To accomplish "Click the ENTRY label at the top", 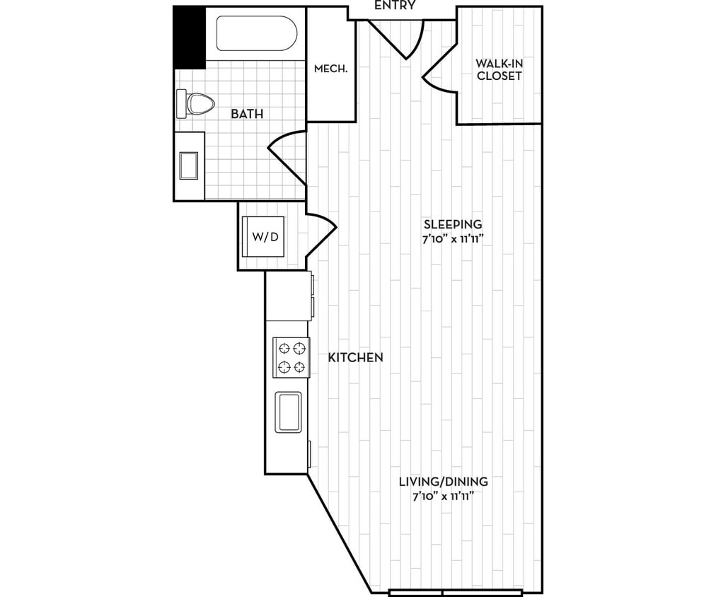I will click(394, 6).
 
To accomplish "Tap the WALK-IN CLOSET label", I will click(499, 69).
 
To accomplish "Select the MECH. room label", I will click(330, 69).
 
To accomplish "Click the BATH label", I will click(247, 113).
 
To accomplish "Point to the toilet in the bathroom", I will click(196, 104).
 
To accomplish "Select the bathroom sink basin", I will click(189, 166).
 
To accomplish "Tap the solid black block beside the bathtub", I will click(189, 37).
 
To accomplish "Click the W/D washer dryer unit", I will click(265, 236).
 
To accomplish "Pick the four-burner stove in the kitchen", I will click(291, 357).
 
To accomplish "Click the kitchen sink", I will click(288, 412).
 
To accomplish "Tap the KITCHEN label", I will click(355, 358).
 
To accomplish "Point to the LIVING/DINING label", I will click(443, 482).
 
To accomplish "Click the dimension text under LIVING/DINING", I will click(443, 496).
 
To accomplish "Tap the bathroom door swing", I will click(287, 152).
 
